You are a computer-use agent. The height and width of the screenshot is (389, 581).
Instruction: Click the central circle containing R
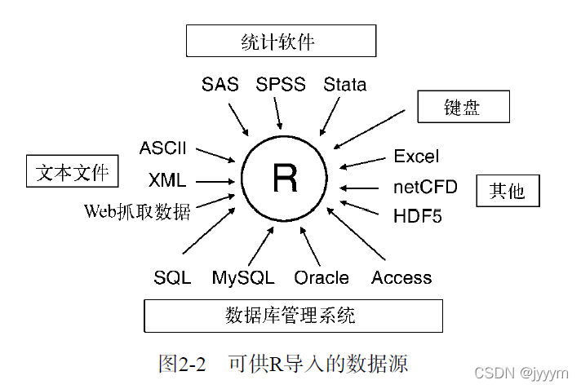[x=285, y=179]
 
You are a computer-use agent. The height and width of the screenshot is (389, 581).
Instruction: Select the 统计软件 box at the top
[x=280, y=41]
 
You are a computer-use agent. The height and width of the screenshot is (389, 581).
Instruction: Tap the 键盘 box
[x=463, y=107]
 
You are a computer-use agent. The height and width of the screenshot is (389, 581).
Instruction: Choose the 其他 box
[x=508, y=191]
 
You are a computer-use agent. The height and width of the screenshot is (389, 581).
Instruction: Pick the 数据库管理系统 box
[x=293, y=315]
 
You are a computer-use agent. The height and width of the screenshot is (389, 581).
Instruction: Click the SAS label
[x=220, y=84]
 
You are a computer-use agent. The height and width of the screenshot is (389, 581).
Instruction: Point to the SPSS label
[x=281, y=84]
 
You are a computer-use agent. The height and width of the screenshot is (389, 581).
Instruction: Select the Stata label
[x=344, y=84]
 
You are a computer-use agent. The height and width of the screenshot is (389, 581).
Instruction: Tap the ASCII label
[x=163, y=148]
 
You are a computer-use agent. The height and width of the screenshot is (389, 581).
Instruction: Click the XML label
[x=167, y=180]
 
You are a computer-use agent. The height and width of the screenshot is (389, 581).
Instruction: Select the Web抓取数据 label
[x=137, y=212]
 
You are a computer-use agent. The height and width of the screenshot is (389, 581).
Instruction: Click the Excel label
[x=416, y=156]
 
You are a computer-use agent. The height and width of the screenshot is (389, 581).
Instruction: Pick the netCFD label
[x=425, y=187]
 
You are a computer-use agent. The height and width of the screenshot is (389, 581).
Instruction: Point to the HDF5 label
[x=417, y=217]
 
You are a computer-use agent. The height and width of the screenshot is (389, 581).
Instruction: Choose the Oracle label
[x=322, y=278]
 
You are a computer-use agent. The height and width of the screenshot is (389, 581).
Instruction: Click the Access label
[x=401, y=278]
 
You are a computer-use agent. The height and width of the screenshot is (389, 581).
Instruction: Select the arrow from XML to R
[x=215, y=182]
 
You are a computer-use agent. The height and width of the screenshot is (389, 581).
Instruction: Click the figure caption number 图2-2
[x=181, y=364]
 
